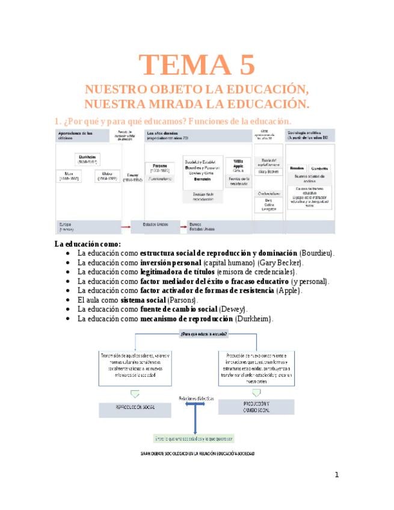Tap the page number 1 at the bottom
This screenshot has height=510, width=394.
pos(337,475)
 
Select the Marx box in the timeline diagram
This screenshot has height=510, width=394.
pos(70,177)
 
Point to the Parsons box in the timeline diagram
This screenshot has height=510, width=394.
pos(160,170)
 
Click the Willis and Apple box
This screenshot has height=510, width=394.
pos(238,165)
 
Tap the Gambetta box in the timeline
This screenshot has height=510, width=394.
pos(319,169)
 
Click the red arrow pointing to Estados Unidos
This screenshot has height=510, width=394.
pos(126,226)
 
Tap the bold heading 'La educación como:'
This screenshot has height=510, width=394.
pos(87,244)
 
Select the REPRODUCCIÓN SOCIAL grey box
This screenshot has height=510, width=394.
pos(135,407)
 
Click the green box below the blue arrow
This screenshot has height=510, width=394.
pos(194,438)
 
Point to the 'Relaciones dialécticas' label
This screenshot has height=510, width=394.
pos(195,398)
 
